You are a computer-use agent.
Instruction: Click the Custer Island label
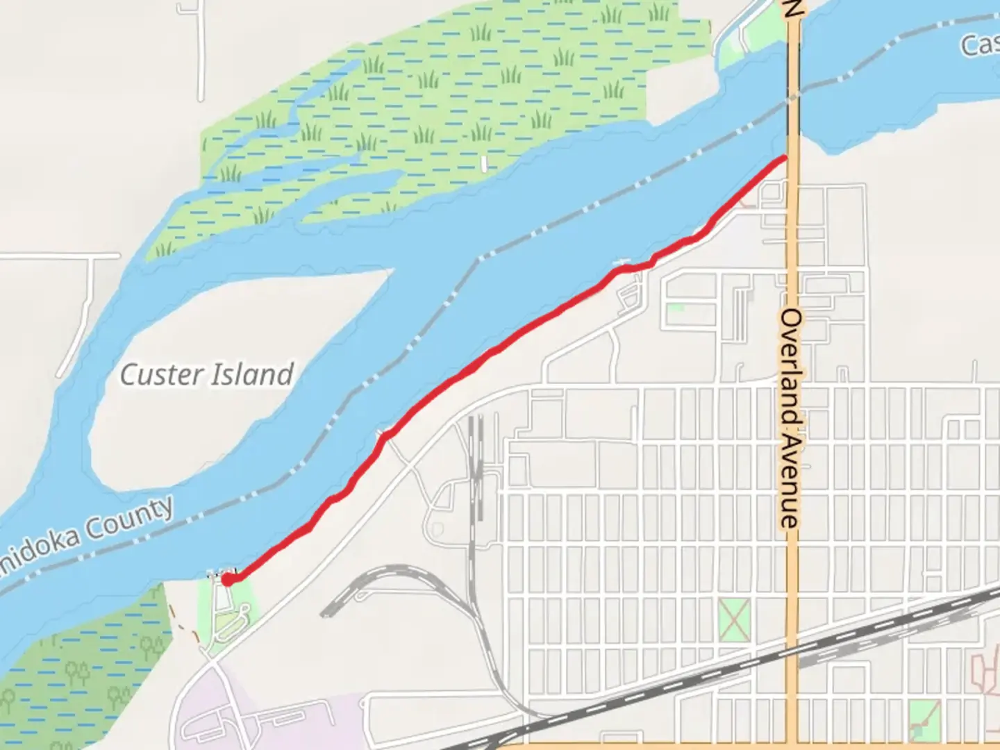click(x=206, y=375)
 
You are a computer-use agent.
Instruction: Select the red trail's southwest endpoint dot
click(x=227, y=579)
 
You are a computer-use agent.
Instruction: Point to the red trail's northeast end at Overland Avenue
click(x=785, y=158)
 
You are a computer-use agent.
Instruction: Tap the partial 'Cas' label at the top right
click(x=979, y=46)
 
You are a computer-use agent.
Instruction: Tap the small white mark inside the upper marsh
click(x=484, y=164)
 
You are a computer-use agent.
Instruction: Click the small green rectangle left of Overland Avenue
click(x=674, y=307)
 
